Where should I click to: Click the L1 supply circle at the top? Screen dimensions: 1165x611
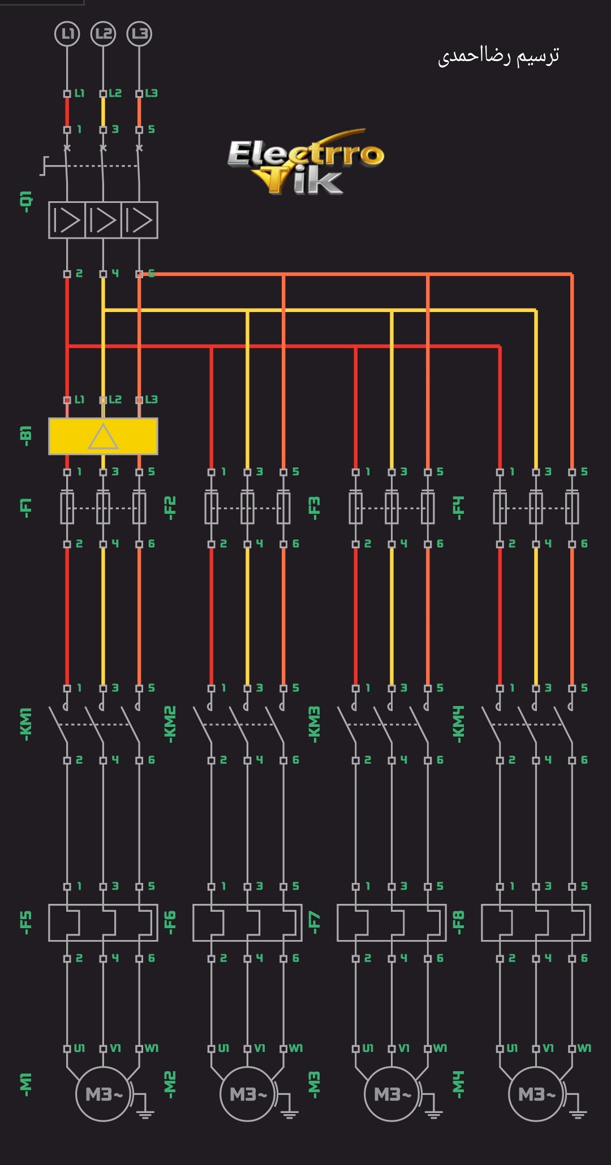coord(67,34)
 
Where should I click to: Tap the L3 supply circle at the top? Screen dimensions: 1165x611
coord(139,34)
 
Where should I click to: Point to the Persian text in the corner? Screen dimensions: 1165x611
coord(498,56)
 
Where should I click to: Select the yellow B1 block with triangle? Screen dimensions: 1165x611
coord(103,436)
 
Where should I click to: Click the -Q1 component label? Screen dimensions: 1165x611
coord(26,202)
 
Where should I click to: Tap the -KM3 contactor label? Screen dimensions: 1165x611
coord(315,724)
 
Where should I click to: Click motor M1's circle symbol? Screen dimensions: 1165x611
coord(103,1094)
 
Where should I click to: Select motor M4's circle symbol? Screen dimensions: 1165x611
coord(536,1094)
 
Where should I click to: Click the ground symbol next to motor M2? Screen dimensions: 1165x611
coord(290,1108)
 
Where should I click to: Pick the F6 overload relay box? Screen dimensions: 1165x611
coord(247,923)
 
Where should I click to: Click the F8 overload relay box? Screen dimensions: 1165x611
coord(536,923)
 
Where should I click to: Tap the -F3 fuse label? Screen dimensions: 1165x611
coord(315,506)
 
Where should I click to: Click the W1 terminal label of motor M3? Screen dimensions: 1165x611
coord(440,1048)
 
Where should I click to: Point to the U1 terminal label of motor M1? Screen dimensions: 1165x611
coord(79,1048)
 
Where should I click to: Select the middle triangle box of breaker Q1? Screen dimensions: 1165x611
coord(103,220)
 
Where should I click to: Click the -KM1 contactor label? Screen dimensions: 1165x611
coord(26,724)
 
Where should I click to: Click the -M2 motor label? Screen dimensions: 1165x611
coord(170,1084)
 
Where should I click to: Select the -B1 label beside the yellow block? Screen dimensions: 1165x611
coord(26,436)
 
